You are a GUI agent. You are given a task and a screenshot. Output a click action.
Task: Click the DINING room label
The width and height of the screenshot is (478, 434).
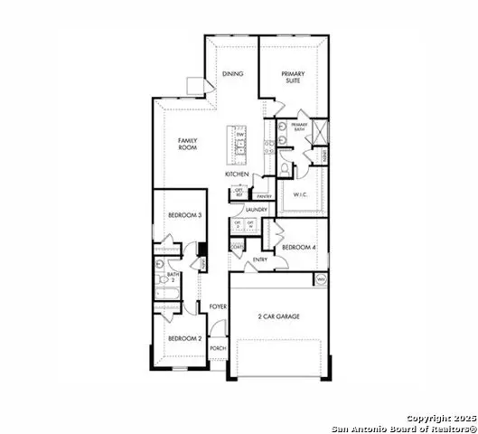point(233,76)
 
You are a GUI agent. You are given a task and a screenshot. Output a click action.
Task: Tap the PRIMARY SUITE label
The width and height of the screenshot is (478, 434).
point(293,78)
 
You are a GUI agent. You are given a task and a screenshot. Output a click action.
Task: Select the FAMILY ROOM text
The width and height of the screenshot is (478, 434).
point(188,144)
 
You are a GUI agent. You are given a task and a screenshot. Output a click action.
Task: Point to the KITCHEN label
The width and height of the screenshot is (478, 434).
point(237,174)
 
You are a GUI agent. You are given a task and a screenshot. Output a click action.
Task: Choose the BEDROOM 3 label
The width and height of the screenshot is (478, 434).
point(184,215)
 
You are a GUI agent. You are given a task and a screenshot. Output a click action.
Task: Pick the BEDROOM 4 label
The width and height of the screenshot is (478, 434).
point(298,247)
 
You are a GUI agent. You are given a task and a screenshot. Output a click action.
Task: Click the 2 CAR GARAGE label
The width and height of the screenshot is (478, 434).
point(278,316)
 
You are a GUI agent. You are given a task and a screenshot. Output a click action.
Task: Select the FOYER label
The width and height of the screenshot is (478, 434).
point(218,307)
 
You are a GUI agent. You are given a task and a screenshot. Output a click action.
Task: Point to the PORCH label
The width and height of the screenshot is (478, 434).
point(218,349)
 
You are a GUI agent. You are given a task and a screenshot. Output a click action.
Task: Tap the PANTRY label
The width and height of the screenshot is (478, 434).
point(264,195)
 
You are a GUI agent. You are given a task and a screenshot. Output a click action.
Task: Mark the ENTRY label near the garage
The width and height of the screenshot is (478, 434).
point(260,260)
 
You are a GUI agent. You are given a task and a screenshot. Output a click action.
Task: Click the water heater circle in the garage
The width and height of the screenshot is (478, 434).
point(321,279)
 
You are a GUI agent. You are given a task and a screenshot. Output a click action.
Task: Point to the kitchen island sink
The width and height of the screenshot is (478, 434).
point(241,145)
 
